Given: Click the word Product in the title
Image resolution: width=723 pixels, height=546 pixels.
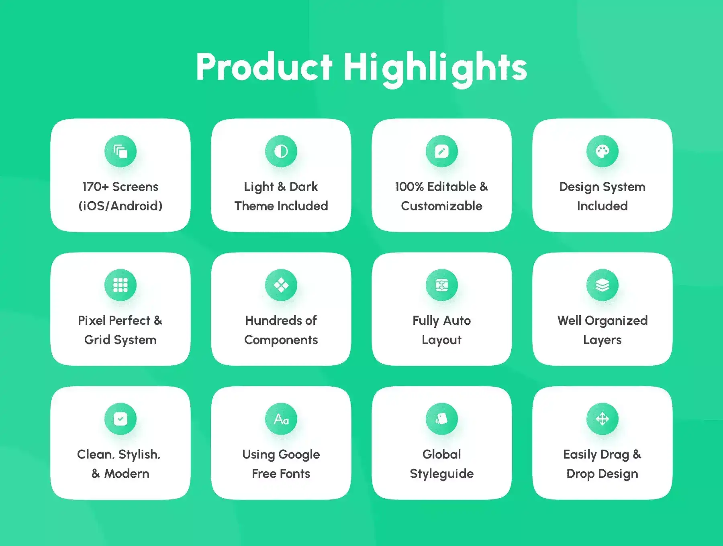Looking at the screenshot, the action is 264,67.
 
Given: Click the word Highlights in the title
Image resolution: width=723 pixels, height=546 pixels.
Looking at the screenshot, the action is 435,69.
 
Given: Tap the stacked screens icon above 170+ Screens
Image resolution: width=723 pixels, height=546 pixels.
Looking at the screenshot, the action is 120,151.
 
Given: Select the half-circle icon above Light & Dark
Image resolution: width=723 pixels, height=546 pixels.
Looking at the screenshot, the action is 281,151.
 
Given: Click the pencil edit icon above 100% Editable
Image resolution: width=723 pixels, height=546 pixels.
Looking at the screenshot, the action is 442,151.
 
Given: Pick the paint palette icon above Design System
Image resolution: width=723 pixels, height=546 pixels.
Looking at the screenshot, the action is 602,151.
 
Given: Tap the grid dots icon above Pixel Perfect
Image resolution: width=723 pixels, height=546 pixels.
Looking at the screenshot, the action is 120,285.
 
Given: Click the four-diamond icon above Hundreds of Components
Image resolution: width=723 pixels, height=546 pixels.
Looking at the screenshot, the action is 281,285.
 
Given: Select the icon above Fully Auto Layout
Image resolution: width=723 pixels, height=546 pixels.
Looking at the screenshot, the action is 442,285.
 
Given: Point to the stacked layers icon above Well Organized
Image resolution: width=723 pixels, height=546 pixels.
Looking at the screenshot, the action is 602,285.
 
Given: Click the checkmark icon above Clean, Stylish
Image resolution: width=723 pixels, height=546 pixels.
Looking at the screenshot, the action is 120,419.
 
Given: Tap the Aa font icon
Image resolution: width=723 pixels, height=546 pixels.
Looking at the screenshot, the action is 281,419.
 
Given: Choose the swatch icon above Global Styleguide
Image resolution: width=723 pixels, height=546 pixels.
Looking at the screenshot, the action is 442,419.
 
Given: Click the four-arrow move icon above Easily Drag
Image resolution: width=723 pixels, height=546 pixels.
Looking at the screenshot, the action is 602,419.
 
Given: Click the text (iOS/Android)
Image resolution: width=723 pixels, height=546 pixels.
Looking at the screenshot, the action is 120,206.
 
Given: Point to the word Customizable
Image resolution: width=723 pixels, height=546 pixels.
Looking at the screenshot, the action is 442,206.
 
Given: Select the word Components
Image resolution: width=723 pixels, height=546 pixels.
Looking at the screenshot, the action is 281,340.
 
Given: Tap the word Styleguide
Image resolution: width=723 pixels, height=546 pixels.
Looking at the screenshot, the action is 442,474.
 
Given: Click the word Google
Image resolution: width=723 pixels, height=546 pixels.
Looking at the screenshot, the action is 299,455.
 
